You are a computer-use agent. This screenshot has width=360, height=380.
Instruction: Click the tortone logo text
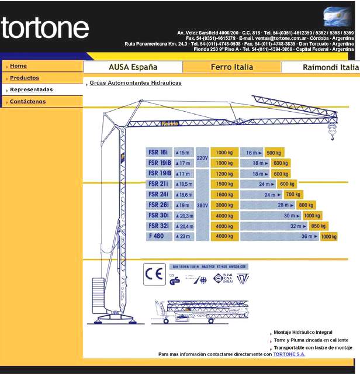[x=45, y=28]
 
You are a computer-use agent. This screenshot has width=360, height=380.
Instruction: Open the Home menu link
[x=18, y=66]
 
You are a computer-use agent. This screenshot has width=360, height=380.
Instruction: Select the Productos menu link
[x=25, y=78]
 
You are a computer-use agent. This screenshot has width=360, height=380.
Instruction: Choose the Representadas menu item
[x=32, y=89]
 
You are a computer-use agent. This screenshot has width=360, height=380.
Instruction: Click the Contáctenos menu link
[x=27, y=102]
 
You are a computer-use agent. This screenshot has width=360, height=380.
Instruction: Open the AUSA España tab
[x=133, y=67]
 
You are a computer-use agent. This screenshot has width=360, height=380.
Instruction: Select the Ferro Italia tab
[x=232, y=67]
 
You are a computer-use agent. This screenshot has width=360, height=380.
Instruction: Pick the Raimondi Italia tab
[x=330, y=67]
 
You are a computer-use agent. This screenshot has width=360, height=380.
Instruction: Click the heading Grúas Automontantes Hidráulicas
[x=136, y=83]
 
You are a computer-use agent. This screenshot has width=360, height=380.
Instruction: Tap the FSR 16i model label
[x=159, y=152]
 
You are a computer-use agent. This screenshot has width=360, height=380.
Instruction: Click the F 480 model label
[x=157, y=236]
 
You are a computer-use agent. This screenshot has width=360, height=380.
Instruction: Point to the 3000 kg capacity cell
[x=224, y=205]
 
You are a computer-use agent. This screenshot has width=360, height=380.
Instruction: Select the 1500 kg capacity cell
[x=224, y=184]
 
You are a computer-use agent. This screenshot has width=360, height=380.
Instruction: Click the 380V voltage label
[x=202, y=205]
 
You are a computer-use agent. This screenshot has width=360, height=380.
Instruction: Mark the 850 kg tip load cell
[x=319, y=226]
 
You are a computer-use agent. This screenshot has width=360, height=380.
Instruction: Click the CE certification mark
[x=154, y=274]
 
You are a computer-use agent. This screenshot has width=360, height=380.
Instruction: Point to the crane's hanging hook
[x=333, y=137]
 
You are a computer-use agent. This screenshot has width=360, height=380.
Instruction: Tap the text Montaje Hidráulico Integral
[x=303, y=332]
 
